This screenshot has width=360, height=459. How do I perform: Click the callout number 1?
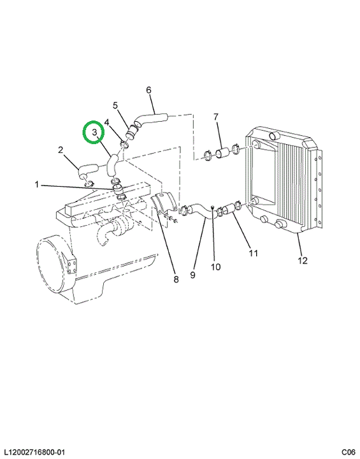(36, 185)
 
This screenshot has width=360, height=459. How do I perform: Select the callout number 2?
(61, 150)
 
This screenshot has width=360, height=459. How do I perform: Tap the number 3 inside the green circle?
(94, 133)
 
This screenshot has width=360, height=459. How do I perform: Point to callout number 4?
(107, 122)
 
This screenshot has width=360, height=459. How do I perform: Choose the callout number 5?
(115, 105)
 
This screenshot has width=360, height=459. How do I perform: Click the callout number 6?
(148, 90)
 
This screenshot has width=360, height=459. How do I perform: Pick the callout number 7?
(216, 117)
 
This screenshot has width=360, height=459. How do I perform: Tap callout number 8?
(176, 279)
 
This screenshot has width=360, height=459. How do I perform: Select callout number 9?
(192, 275)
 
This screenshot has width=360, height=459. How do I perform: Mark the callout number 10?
(215, 267)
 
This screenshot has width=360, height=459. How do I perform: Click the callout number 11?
(253, 253)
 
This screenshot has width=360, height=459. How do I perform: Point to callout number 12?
(303, 260)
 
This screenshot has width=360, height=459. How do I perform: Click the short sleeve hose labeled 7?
(222, 154)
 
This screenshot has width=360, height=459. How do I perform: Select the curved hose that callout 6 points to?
(150, 120)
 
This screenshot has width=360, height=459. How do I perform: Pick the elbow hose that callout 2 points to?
(87, 170)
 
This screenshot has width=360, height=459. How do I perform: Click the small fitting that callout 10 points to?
(213, 207)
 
